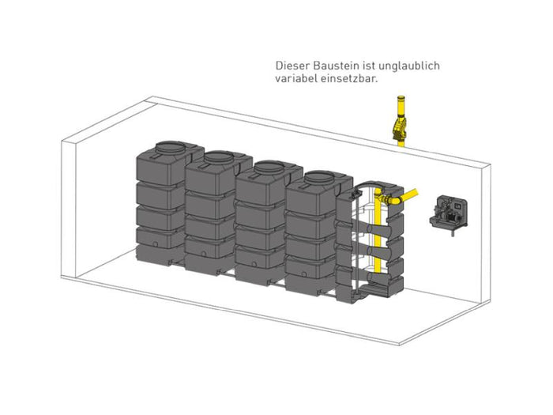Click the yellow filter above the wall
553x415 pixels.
point(400,128)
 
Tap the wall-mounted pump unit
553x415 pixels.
point(449,213)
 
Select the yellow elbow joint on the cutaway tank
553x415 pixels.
point(393,201)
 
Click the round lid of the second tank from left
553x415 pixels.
point(218,157)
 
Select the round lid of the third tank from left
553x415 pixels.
point(269,168)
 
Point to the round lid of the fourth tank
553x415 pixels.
point(320,178)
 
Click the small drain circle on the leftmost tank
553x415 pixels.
point(155,243)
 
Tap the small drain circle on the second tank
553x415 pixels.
point(204,254)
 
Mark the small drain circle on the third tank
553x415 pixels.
point(254,264)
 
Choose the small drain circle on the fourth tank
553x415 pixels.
point(303,274)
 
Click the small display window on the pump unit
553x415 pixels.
point(458,206)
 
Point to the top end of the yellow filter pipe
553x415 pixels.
point(401,96)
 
